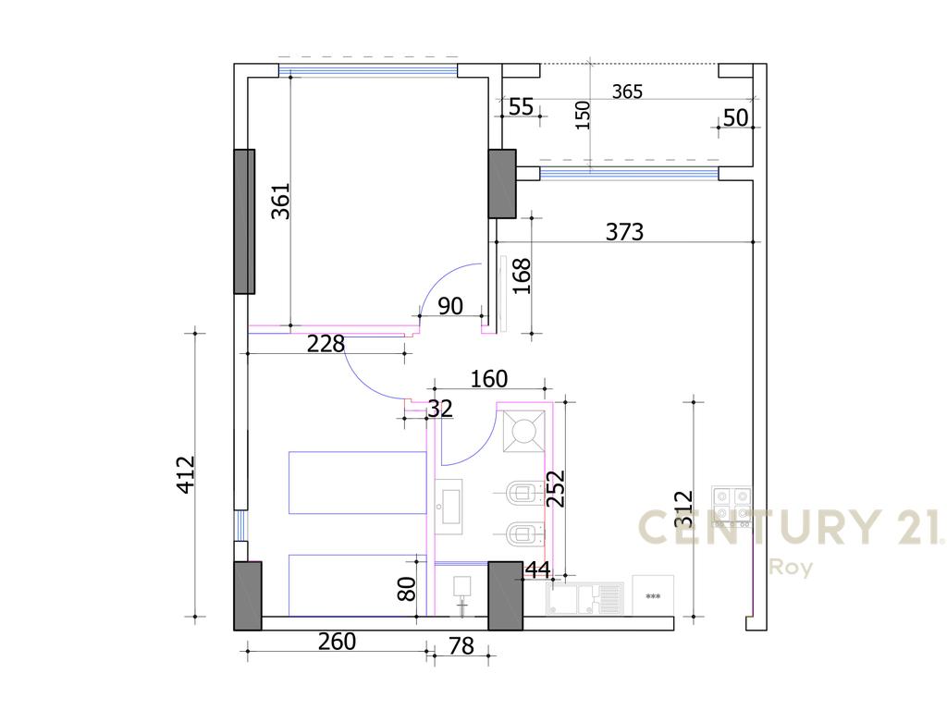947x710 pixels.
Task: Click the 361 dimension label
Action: pos(280,201)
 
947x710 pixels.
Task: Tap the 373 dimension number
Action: pos(624,231)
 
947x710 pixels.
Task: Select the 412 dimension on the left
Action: pos(186,474)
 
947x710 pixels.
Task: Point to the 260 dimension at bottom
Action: pos(337,641)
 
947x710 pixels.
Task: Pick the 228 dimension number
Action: pos(326,344)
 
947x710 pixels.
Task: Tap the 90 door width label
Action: pos(450,306)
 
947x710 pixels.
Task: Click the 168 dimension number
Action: pos(523,275)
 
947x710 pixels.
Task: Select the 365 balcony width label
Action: pos(627,92)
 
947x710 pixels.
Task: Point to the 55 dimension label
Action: pos(522,106)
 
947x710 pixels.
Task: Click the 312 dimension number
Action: pos(684,508)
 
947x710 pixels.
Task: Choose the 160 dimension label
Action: pos(489,379)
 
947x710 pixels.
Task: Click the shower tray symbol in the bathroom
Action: pos(522,431)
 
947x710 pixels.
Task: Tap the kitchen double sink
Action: pos(584,598)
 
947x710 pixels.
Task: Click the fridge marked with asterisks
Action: pos(653,596)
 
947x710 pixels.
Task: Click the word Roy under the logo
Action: pos(792,568)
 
